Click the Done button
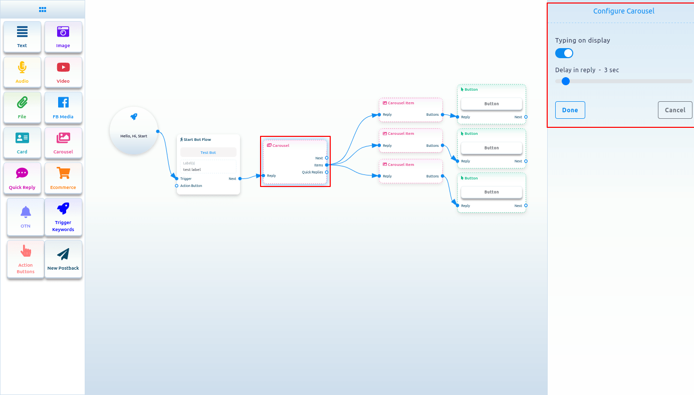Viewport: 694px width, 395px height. coord(570,110)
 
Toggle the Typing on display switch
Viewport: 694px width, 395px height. coord(564,53)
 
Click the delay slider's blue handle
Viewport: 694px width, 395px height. coord(566,81)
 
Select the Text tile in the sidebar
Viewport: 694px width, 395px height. coord(22,37)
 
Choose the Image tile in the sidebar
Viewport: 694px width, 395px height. coord(63,37)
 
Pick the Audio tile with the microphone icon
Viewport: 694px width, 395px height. coord(22,72)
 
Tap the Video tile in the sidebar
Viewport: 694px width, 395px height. coord(63,72)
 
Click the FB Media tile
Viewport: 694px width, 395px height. coord(63,107)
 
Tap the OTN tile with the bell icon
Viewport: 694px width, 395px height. coord(26,217)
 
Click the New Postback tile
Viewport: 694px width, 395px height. coord(63,259)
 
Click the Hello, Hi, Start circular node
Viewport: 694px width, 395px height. coord(134,130)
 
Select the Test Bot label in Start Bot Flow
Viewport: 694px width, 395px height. coord(208,152)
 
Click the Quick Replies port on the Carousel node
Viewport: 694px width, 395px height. coord(327,172)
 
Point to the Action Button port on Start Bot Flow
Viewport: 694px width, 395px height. coord(177,185)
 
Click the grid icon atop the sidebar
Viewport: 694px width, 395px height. coord(43,9)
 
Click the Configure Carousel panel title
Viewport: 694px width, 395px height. coord(623,11)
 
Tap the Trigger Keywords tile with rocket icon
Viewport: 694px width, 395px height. coord(63,217)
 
